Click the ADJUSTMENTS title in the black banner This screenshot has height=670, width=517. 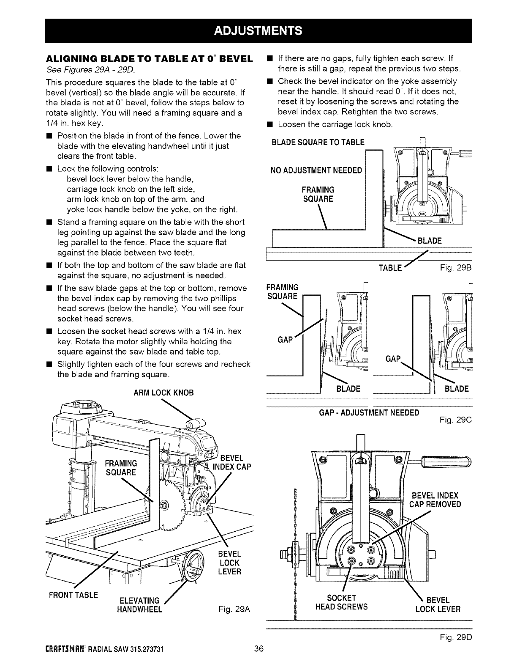click(258, 31)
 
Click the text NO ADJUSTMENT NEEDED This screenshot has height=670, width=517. click(316, 170)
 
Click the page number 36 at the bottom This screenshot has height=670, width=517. click(259, 649)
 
